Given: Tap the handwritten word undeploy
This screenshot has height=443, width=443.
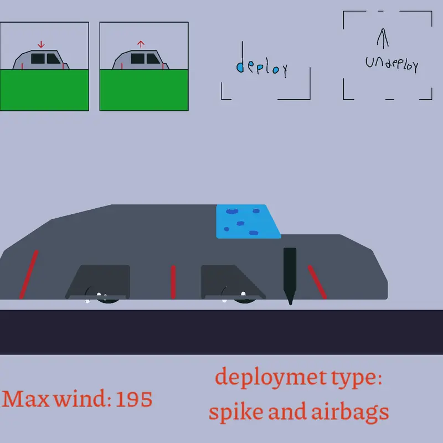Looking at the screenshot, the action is pyautogui.click(x=392, y=64).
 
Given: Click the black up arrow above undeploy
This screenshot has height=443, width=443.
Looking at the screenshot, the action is pyautogui.click(x=383, y=38).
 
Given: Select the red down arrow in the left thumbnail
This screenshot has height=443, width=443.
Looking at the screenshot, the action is pyautogui.click(x=41, y=44).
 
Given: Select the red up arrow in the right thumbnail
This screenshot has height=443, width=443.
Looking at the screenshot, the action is pyautogui.click(x=141, y=44).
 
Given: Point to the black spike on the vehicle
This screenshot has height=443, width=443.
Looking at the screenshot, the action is pyautogui.click(x=290, y=276).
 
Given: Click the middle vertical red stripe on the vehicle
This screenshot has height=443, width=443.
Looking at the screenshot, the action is pyautogui.click(x=173, y=282).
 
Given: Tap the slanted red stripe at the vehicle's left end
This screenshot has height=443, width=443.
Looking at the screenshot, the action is pyautogui.click(x=29, y=274).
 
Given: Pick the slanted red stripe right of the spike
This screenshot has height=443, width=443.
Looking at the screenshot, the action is pyautogui.click(x=317, y=282).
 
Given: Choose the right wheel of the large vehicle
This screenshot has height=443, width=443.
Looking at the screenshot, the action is pyautogui.click(x=241, y=296).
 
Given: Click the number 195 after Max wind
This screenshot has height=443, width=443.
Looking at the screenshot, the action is pyautogui.click(x=134, y=399).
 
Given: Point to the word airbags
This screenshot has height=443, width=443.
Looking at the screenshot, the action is pyautogui.click(x=350, y=412).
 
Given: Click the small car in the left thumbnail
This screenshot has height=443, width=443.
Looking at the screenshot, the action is pyautogui.click(x=41, y=60).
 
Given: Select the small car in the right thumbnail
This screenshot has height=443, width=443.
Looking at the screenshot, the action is pyautogui.click(x=141, y=60).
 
